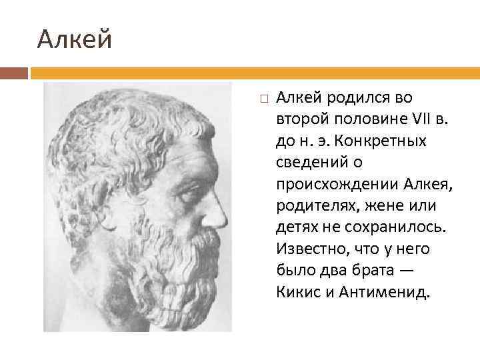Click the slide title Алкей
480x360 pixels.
coord(75,39)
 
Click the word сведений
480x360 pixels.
coord(310,163)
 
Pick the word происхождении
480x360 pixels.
coord(337,184)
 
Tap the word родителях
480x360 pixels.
coord(313,205)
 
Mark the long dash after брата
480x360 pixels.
coord(419,269)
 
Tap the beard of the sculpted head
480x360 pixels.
coord(187,273)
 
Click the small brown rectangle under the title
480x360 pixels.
coord(14,73)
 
